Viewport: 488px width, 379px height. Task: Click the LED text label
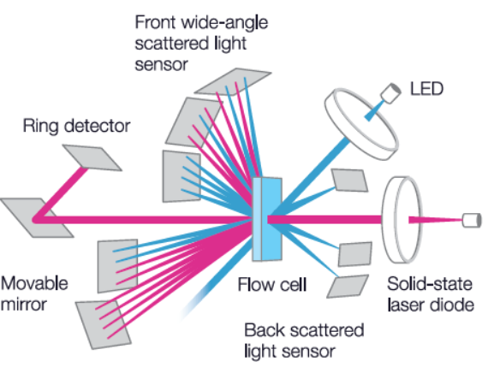click(x=426, y=89)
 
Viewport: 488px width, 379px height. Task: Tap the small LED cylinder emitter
click(x=391, y=93)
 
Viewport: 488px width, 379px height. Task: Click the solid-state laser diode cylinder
click(x=472, y=221)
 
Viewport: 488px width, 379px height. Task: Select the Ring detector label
click(x=76, y=127)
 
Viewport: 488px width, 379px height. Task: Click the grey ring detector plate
click(x=92, y=157)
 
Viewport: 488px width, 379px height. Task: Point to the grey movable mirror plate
click(x=37, y=218)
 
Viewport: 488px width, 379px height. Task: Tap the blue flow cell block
click(x=267, y=219)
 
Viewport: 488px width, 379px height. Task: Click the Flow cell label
click(x=272, y=284)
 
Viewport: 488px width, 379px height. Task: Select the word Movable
click(x=34, y=283)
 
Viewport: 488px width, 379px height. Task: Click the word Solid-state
click(x=430, y=284)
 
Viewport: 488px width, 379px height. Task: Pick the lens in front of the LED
click(x=361, y=124)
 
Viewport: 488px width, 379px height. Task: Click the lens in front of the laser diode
click(x=402, y=220)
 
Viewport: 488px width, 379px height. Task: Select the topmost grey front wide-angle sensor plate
click(x=233, y=81)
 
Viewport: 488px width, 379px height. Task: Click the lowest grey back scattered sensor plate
click(x=348, y=287)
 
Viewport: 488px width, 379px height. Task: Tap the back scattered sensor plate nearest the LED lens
click(x=349, y=180)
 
